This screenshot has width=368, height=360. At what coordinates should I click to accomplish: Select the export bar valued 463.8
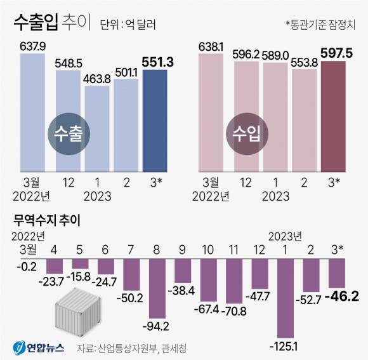pos(96,127)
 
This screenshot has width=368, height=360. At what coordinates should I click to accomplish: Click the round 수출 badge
pos(69,135)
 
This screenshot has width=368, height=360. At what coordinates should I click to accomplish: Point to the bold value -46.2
pos(343,296)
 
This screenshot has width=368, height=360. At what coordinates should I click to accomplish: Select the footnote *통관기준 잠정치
pos(321,25)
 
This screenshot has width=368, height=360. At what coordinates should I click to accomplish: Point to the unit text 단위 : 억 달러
pos(128,25)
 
